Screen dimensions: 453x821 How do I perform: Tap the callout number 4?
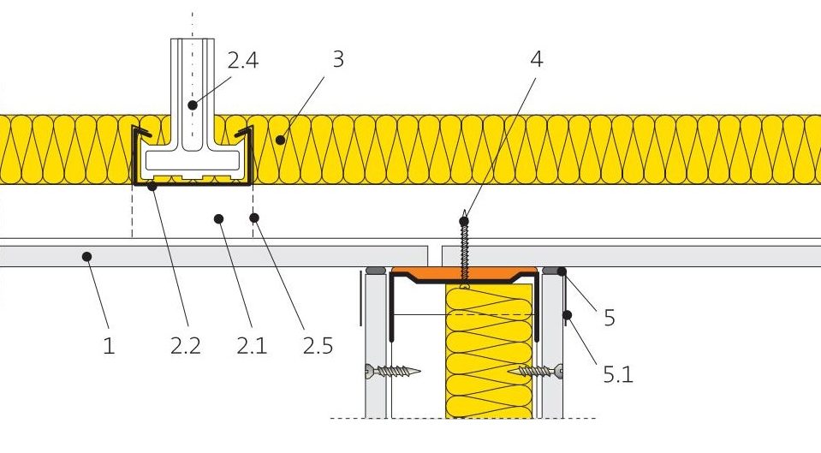536,60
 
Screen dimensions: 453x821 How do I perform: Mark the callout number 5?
609,318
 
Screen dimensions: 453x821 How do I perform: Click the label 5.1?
616,374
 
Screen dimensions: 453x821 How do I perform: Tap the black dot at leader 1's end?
85,255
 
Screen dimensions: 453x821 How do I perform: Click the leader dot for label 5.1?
566,316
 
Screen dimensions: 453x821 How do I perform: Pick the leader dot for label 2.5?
253,218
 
